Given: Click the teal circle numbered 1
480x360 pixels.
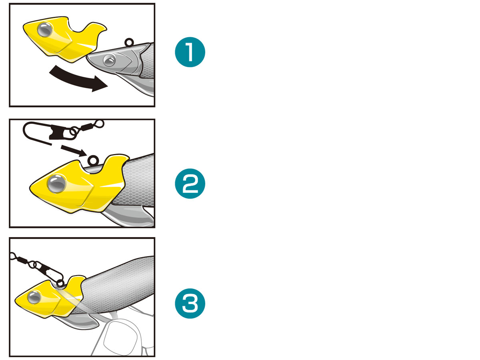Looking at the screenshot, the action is (x=190, y=52).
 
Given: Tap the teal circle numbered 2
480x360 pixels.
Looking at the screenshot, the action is (x=190, y=184).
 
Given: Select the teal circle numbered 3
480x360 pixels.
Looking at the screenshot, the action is (x=190, y=303).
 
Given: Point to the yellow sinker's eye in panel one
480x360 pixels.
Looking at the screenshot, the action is (x=45, y=30).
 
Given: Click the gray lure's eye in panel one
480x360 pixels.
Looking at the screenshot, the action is (x=109, y=60).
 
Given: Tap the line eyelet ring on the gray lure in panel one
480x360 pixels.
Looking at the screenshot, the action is (x=129, y=42).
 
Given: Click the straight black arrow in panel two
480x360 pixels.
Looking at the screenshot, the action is (x=74, y=150).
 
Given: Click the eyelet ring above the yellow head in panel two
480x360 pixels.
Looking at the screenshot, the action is (x=93, y=161).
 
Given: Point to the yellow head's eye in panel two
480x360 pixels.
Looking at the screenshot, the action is (x=57, y=184).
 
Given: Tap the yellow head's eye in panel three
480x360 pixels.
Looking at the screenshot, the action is (x=34, y=297).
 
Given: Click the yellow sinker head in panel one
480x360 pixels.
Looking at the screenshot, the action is (x=64, y=39).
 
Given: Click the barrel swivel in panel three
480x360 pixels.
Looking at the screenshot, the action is (x=23, y=260).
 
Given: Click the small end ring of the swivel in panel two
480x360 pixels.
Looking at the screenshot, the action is (x=100, y=124).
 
